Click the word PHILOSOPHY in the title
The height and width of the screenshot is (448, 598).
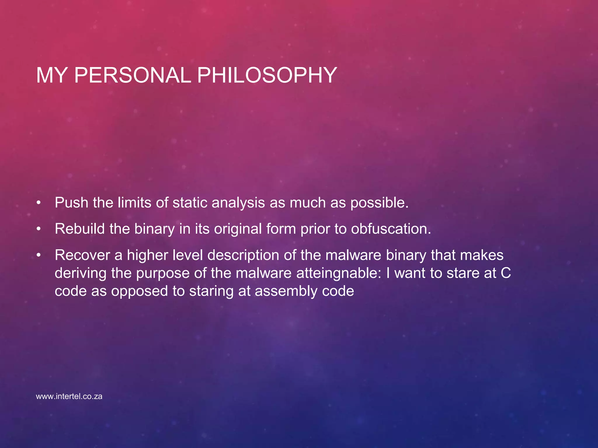click(x=267, y=75)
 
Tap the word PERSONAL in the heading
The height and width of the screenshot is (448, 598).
click(x=132, y=75)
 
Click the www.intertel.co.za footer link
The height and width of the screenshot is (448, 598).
click(x=69, y=396)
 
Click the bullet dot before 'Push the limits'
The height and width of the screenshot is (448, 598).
click(x=39, y=203)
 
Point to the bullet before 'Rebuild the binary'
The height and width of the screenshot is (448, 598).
click(x=39, y=229)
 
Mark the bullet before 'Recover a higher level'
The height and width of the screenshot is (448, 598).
click(x=39, y=255)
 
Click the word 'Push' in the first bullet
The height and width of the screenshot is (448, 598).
click(x=71, y=202)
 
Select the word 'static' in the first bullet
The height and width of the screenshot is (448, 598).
click(x=190, y=202)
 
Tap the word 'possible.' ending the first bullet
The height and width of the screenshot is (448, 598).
click(x=379, y=202)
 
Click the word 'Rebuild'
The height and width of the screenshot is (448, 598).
click(x=80, y=229)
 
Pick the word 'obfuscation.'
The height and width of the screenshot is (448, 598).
click(x=391, y=229)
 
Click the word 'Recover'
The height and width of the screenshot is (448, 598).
click(x=82, y=255)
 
